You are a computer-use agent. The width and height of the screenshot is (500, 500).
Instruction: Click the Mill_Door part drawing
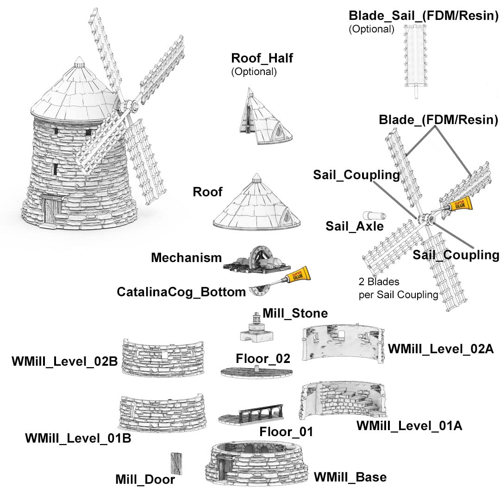point(176,463)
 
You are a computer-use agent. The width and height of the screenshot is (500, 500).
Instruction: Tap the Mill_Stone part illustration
point(256,327)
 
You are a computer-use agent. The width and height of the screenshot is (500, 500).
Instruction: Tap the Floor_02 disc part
point(256,372)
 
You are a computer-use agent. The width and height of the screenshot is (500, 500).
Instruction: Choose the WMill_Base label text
point(350,477)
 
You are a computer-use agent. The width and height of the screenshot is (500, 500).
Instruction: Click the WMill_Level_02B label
point(65,361)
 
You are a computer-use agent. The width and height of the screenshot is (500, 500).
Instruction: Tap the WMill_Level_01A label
point(409,426)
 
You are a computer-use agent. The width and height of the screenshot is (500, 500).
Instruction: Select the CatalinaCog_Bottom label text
point(181,292)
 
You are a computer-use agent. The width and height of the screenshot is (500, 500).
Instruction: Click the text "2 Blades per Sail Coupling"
point(398,288)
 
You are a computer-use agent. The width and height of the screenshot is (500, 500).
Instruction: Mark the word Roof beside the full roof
point(207,192)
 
